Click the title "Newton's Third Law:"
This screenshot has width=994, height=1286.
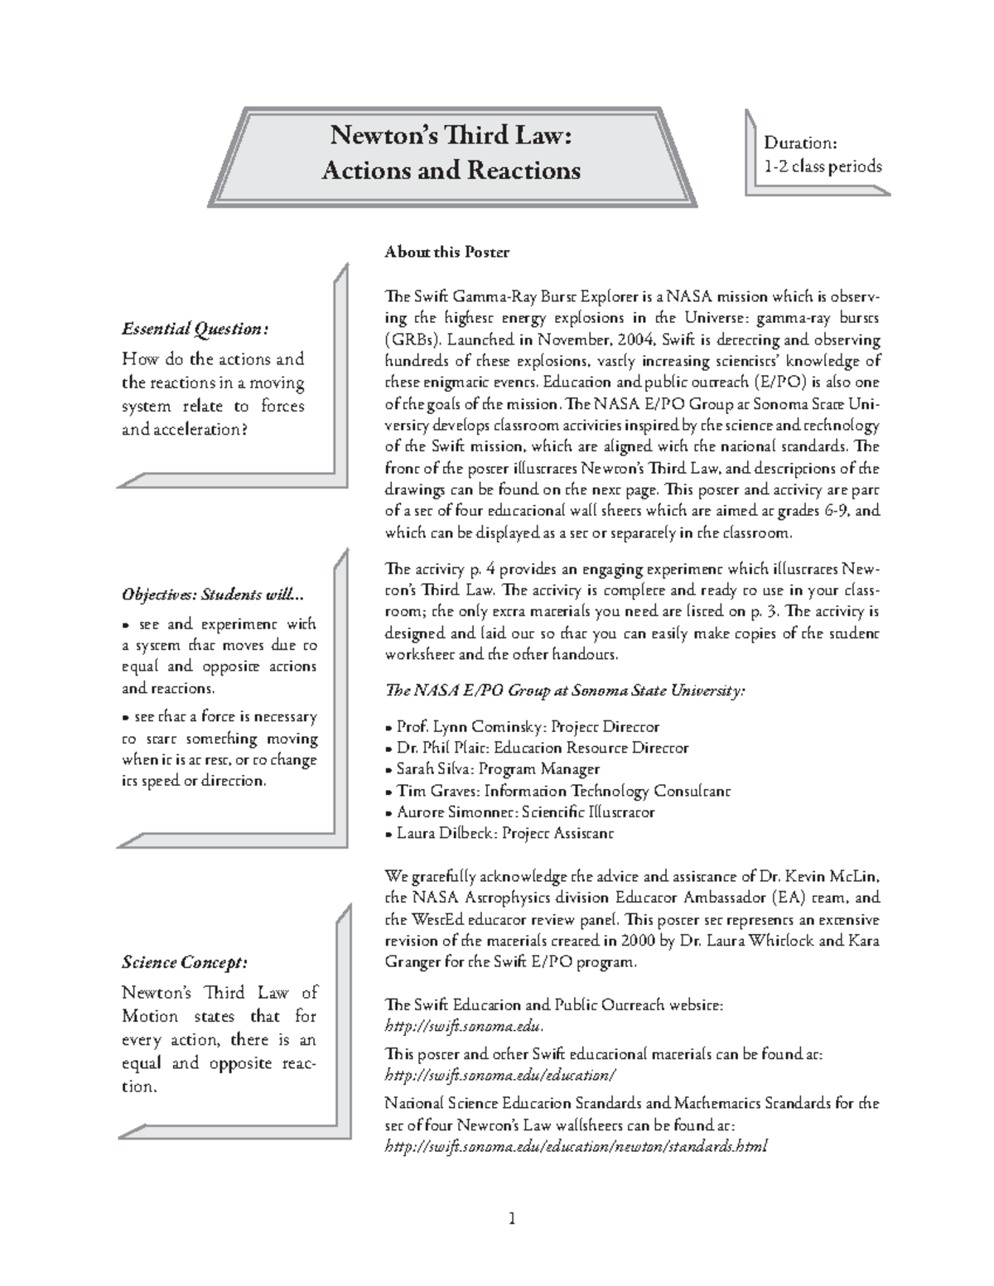click(451, 134)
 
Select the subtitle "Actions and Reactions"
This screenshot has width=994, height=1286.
click(451, 171)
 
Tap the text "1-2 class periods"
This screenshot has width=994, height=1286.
click(822, 166)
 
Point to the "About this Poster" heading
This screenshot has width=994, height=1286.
click(446, 252)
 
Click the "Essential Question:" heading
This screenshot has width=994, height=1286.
click(195, 329)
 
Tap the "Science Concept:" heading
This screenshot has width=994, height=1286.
click(184, 962)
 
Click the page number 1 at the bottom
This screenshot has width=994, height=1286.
click(512, 1218)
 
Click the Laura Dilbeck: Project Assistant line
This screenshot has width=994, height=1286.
click(499, 834)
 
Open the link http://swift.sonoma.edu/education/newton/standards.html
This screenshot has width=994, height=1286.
click(577, 1147)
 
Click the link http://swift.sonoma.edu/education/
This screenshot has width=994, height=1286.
click(501, 1075)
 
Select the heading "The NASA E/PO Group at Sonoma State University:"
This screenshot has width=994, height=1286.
click(566, 691)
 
